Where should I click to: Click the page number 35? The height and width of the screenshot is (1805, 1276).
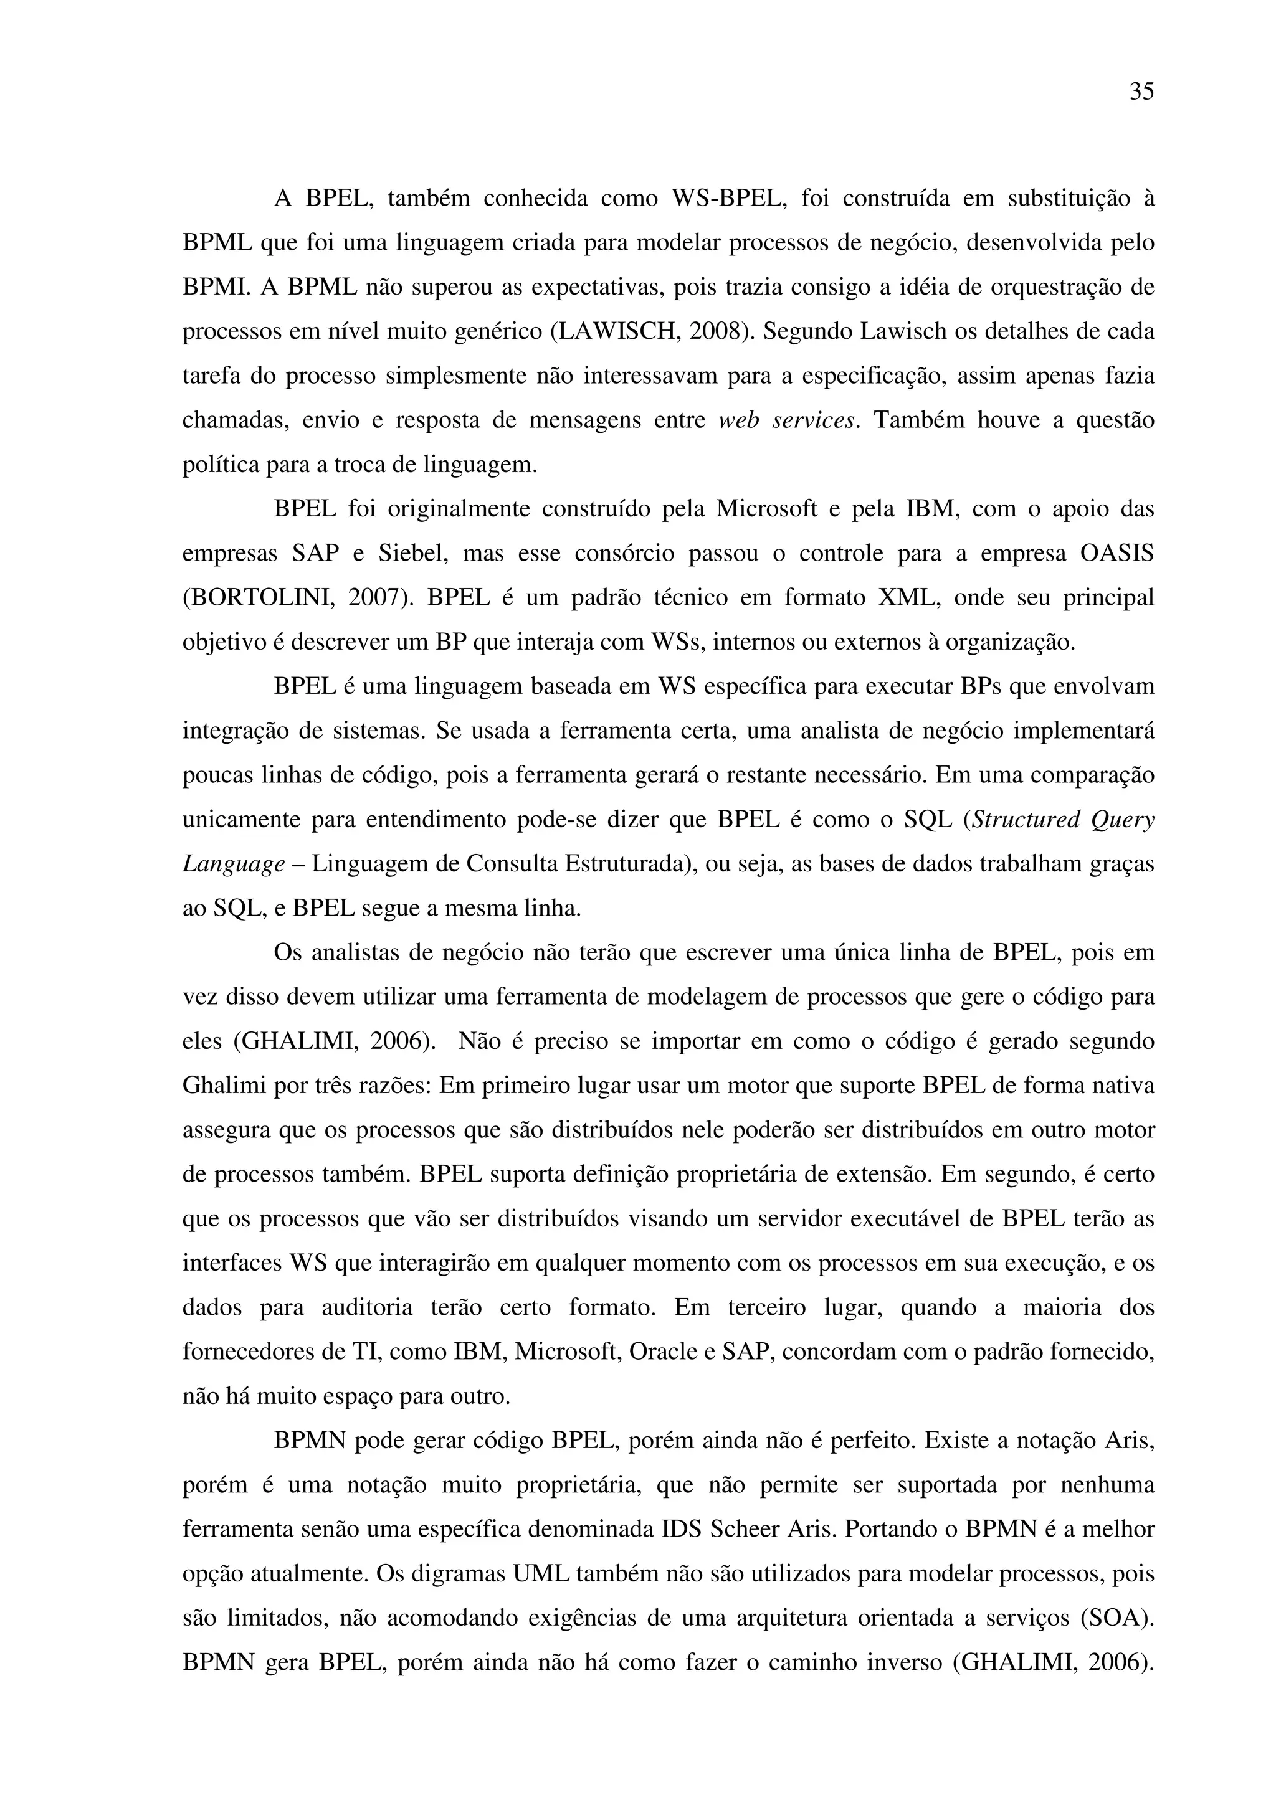coord(1141,92)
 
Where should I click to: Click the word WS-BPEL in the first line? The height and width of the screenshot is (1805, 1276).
coord(728,198)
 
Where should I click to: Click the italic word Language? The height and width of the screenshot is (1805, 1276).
coord(234,864)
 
